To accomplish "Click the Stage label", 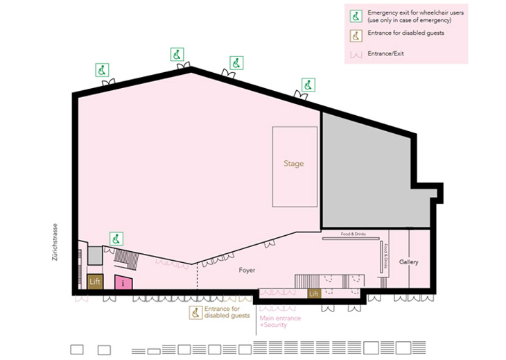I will [294, 164].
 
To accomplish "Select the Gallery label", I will [409, 262].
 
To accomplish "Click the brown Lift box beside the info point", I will [95, 282].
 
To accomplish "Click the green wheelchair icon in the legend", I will [356, 16].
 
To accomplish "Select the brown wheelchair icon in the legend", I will [356, 34].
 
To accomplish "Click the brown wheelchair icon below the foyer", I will [196, 312].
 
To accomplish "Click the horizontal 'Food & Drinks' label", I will [353, 234].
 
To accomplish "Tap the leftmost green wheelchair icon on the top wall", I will [102, 69].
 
